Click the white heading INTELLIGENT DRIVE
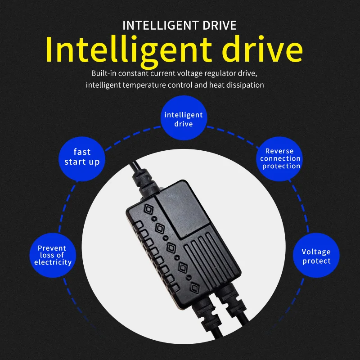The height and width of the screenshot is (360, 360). coord(180,25)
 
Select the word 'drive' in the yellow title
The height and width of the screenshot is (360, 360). coord(264,50)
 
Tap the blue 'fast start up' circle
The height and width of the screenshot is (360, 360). coord(81,157)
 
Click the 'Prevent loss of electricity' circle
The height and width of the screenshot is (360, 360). coord(53,255)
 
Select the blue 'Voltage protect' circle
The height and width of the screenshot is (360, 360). coord(316,256)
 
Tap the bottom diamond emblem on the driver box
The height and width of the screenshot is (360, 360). coord(194,288)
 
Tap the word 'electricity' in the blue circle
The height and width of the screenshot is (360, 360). coord(53,262)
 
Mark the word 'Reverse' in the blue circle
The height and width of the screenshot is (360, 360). coord(279,151)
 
